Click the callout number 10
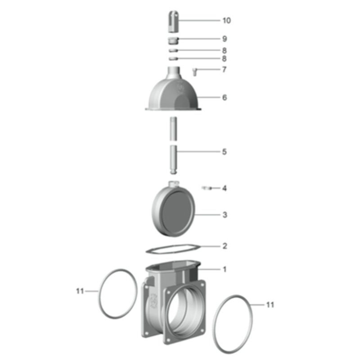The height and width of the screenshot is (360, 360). coord(227,20)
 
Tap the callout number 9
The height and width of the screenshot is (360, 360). coord(225,39)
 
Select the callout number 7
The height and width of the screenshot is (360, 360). coord(224,69)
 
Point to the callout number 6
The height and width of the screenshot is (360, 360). coord(225,97)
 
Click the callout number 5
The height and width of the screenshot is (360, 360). coord(225,152)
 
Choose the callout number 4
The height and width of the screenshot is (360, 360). coord(225,188)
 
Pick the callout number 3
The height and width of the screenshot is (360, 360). coord(225,215)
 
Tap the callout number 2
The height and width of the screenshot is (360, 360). coord(225,246)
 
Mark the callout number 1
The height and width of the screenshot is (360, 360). coord(225,269)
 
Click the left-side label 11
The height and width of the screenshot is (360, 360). coord(80,291)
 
